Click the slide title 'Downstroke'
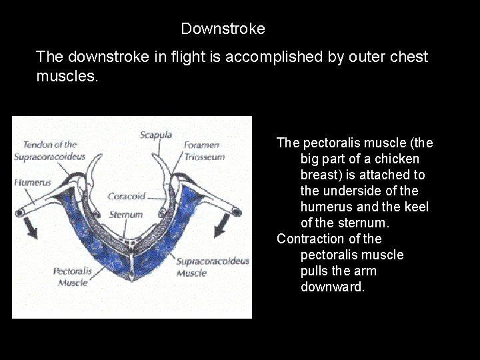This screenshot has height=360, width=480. point(223,29)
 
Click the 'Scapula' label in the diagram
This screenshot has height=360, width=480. point(156,135)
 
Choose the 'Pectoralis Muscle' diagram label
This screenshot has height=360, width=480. point(72,277)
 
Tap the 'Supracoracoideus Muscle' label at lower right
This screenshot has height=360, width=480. point(212,267)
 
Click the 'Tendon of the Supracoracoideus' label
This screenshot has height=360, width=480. point(50,151)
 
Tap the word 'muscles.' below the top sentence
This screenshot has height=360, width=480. point(67,77)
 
